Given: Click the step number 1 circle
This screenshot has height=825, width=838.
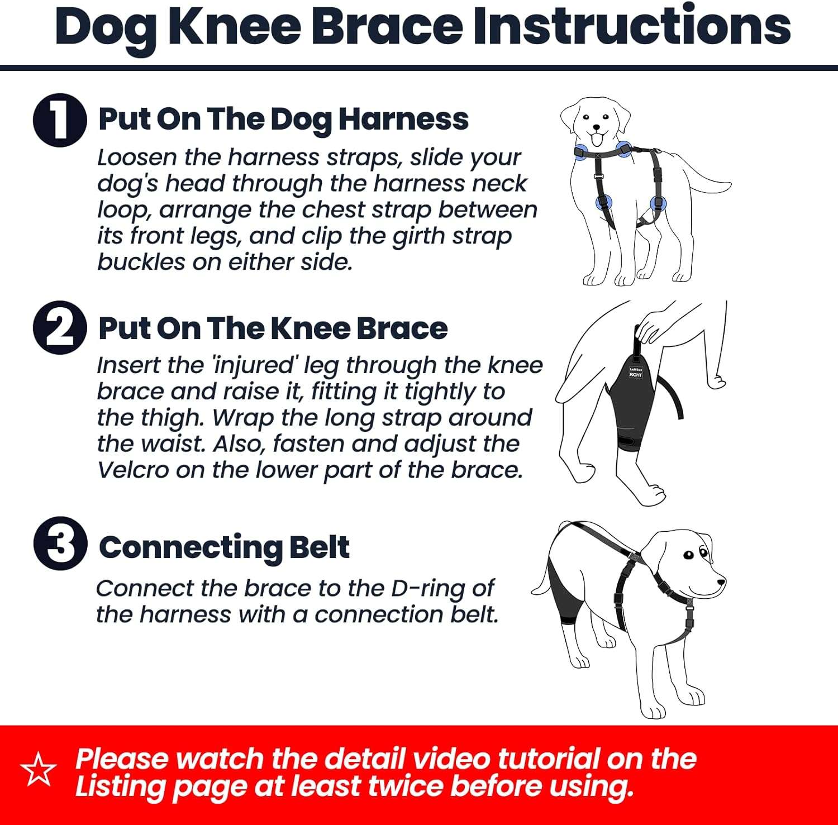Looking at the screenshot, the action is point(60,121).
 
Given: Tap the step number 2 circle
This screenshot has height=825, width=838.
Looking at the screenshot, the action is point(60,328).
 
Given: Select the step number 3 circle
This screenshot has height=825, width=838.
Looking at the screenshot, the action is point(60,543).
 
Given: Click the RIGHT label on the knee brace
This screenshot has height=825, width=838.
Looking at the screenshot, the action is point(636,374).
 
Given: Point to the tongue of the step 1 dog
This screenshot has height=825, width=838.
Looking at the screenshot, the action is point(597,137).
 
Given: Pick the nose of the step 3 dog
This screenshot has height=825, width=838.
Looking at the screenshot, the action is point(721,581).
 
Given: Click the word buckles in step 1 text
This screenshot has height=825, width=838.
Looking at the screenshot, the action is point(141,262).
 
